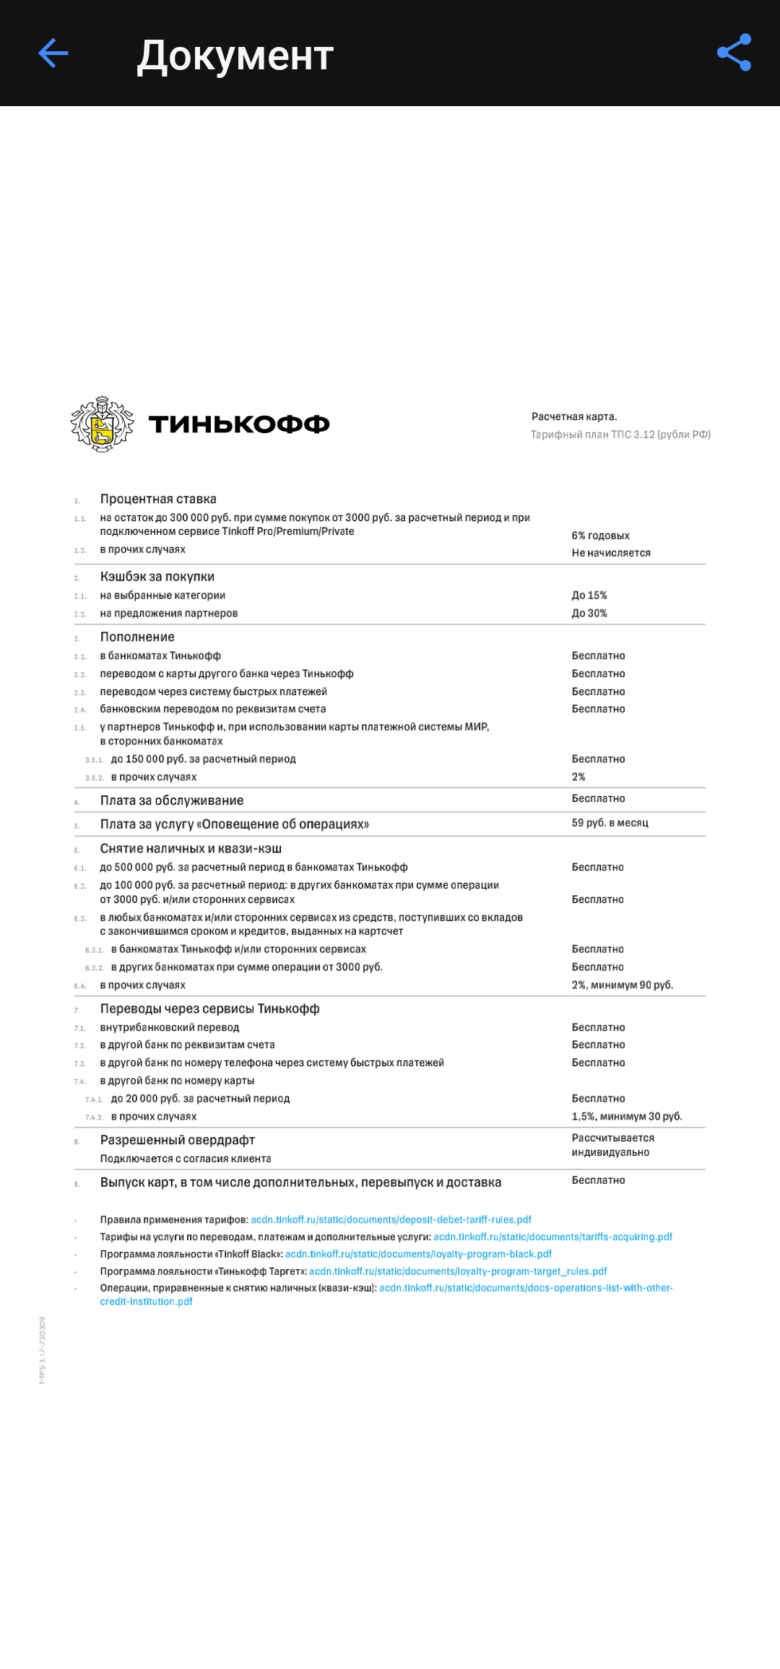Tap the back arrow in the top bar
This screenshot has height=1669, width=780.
(x=53, y=53)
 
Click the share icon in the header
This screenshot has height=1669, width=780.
(x=734, y=53)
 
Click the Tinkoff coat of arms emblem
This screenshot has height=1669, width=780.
(x=102, y=424)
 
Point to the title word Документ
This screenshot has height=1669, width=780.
(x=235, y=56)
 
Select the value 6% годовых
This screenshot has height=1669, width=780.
(x=600, y=536)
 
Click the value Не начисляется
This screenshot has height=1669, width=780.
(x=611, y=553)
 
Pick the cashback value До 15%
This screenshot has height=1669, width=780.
(x=589, y=596)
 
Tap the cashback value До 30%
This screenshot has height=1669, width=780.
(x=589, y=614)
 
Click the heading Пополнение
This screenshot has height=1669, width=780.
(x=137, y=637)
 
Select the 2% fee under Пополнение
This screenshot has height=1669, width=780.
(x=578, y=777)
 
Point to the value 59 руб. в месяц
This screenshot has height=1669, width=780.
(x=610, y=823)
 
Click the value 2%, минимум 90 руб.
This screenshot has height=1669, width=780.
(x=622, y=985)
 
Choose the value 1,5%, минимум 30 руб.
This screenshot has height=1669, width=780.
(x=626, y=1117)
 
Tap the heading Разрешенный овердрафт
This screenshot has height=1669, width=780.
(x=178, y=1141)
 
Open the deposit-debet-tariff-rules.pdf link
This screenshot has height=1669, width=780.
(x=391, y=1220)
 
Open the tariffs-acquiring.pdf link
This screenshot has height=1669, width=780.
(x=552, y=1237)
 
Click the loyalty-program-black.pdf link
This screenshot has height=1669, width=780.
(x=418, y=1255)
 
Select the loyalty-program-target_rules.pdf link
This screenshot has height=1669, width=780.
(x=458, y=1272)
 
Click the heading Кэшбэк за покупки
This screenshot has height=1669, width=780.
(x=157, y=577)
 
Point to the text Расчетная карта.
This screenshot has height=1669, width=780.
(x=574, y=417)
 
